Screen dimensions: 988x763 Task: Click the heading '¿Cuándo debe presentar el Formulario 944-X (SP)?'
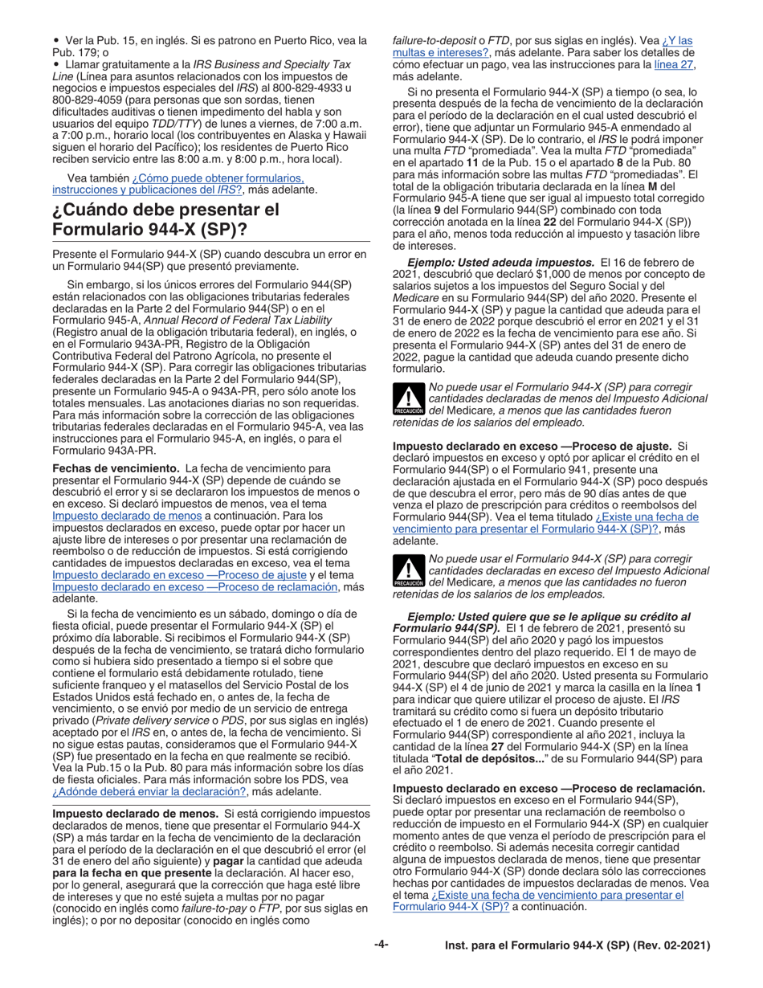pyautogui.click(x=165, y=220)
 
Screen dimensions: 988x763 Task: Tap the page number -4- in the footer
pyautogui.click(x=381, y=945)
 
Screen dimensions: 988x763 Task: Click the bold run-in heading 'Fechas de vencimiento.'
pyautogui.click(x=116, y=467)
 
